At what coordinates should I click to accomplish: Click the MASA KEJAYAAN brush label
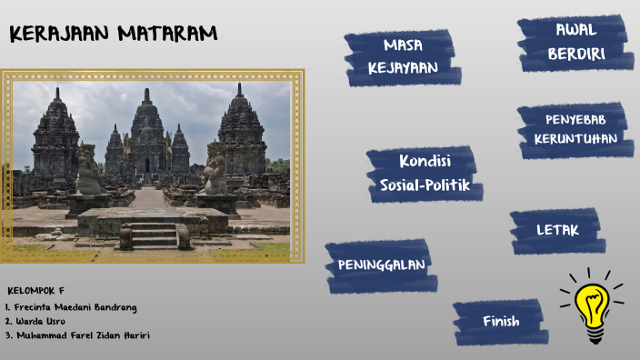[x=402, y=56]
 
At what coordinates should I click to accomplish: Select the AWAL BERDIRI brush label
[x=575, y=43]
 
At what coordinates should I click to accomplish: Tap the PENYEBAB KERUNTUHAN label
[x=575, y=129]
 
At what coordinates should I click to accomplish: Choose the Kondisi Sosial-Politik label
[x=424, y=174]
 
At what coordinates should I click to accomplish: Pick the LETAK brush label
[x=556, y=230]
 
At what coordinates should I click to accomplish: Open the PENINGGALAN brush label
[x=381, y=265]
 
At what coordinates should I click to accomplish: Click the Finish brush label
[x=501, y=321]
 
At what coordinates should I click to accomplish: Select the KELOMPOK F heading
[x=36, y=291]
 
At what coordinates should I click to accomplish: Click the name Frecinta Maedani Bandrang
[x=73, y=306]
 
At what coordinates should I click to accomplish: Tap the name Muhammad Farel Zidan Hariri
[x=80, y=335]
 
